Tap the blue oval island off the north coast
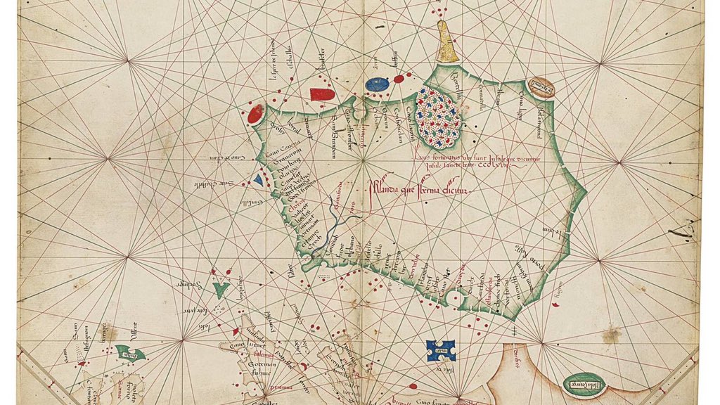[378, 85]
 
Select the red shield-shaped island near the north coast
[321, 94]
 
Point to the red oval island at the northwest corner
[255, 113]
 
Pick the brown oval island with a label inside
[541, 87]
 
